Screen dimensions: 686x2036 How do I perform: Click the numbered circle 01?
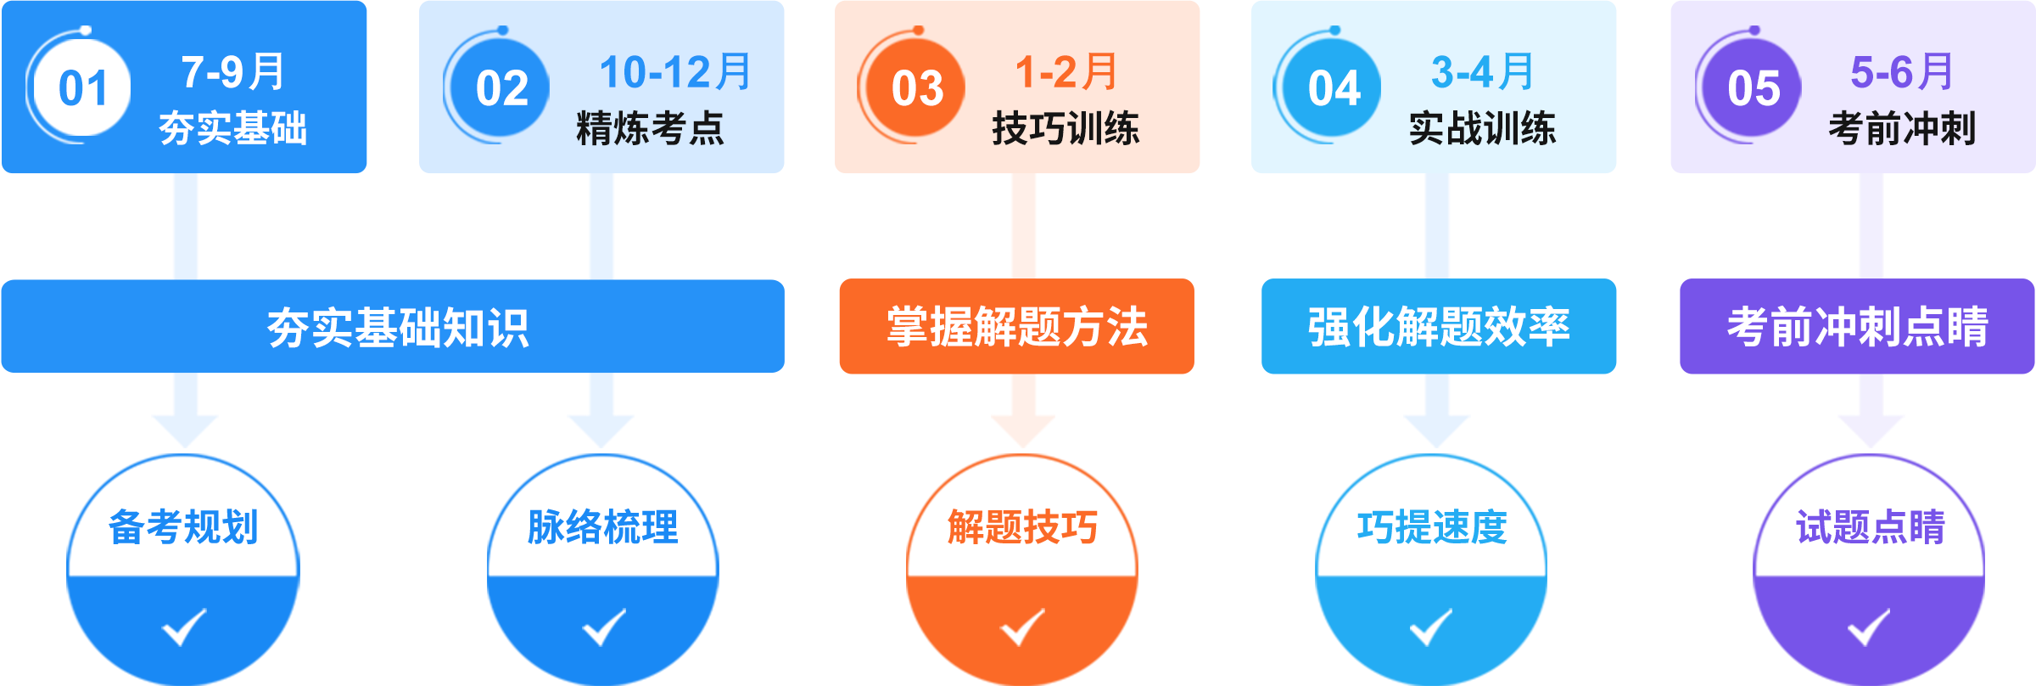click(82, 88)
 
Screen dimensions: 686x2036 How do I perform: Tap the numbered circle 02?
click(501, 88)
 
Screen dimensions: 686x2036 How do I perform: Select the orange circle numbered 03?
click(917, 88)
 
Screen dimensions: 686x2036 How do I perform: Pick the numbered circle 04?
click(1333, 88)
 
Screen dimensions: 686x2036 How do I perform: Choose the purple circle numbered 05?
click(1753, 88)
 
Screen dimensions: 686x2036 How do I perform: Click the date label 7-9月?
click(233, 72)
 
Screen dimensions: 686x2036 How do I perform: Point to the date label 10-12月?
click(675, 72)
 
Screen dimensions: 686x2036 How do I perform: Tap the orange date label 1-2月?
click(1066, 72)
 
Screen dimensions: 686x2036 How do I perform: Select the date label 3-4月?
click(1482, 72)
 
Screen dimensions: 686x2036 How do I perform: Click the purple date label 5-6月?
click(1901, 72)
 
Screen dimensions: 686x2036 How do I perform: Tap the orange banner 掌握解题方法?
click(1016, 328)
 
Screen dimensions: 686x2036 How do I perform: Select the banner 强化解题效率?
click(1438, 328)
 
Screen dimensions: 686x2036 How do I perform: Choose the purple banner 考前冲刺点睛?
click(1857, 328)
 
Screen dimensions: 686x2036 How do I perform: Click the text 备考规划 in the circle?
click(183, 527)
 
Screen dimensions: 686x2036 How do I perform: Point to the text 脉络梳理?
click(602, 527)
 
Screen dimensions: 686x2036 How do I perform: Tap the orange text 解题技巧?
click(1022, 527)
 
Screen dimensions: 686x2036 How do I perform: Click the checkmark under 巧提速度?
click(1430, 627)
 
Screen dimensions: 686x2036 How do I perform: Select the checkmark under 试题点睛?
click(1868, 627)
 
